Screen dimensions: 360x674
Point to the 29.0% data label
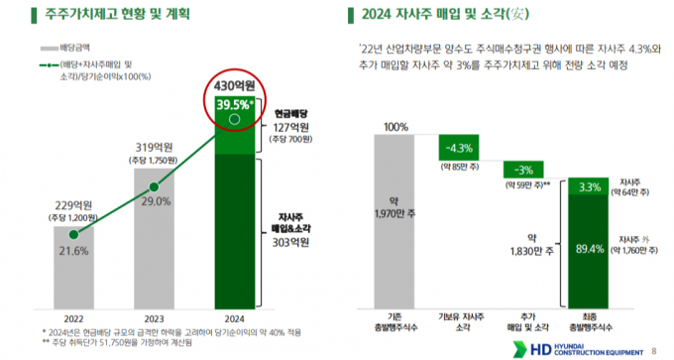click(155, 201)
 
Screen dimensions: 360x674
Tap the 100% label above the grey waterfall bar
click(396, 126)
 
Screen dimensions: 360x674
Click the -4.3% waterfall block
click(463, 147)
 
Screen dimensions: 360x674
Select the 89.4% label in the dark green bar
click(591, 248)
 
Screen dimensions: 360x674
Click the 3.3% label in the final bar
click(591, 186)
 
